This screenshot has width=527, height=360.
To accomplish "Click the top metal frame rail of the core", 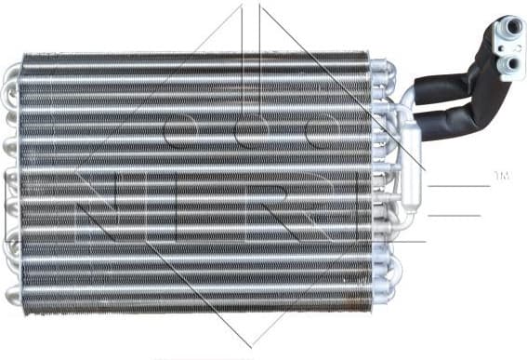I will pos(195,55).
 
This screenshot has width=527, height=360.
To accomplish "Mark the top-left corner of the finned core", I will pos(23,56).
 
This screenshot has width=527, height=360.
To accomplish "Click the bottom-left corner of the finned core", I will pos(23,309).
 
